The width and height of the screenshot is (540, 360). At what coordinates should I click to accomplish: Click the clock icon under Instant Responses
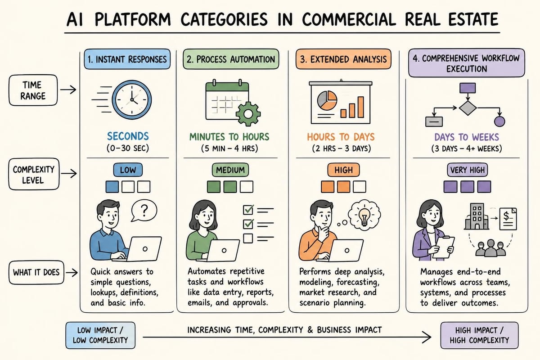[132, 99]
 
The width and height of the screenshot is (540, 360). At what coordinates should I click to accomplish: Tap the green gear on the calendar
[248, 114]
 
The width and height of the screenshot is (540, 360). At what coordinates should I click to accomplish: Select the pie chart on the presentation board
[327, 100]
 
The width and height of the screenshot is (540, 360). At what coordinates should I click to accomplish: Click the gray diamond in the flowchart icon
[468, 108]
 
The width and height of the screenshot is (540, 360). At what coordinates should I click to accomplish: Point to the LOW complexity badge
[128, 170]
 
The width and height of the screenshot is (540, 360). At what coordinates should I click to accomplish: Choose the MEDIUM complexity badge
[230, 170]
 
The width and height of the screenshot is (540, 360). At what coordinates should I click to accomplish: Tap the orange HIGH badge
[343, 170]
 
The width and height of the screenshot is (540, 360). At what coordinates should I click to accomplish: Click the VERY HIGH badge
[468, 170]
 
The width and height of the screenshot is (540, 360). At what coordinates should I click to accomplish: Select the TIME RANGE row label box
[33, 90]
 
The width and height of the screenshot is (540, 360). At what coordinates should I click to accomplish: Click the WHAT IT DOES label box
[36, 272]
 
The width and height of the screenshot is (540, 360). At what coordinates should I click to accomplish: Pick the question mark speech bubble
[144, 211]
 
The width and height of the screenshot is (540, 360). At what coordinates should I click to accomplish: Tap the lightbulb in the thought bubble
[364, 216]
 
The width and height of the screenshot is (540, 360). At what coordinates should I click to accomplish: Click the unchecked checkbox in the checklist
[248, 238]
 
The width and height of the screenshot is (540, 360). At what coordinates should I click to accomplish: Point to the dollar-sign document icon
[508, 219]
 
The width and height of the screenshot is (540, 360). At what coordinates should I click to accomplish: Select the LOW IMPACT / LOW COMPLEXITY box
[100, 335]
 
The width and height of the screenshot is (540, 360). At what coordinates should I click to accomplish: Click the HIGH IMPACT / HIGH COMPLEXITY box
[479, 335]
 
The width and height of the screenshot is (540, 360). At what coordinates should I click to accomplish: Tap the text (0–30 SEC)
[128, 148]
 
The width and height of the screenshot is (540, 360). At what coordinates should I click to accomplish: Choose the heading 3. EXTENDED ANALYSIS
[343, 59]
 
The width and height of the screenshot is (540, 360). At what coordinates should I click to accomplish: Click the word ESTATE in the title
[473, 19]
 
